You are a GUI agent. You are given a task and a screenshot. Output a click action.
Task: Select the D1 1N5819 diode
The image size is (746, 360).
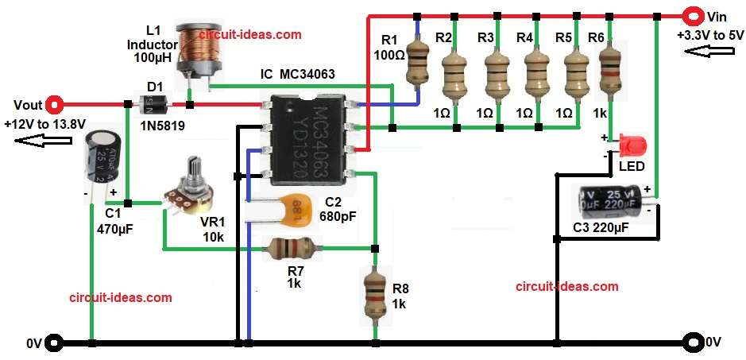tap(153, 103)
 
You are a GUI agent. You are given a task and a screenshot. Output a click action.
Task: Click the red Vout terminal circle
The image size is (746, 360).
tap(55, 103)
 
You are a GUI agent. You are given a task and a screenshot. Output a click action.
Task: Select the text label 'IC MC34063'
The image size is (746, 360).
tap(298, 75)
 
